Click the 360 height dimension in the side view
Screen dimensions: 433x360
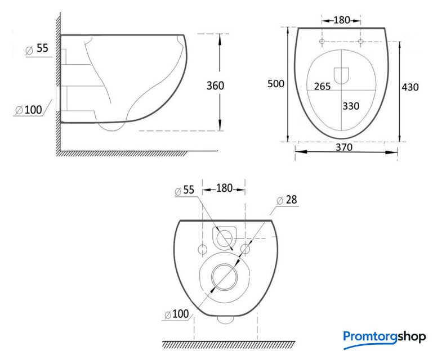point(215,86)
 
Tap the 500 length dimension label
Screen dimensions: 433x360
point(275,84)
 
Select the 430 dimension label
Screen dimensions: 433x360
point(410,87)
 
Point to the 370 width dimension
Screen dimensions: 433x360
point(344,147)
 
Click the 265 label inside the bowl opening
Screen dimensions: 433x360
point(322,87)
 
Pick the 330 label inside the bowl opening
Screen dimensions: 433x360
point(351,106)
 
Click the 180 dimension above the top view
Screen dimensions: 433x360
point(342,20)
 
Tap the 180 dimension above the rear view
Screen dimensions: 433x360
point(224,188)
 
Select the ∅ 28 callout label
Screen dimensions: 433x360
point(287,200)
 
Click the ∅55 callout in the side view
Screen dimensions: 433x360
point(37,48)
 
